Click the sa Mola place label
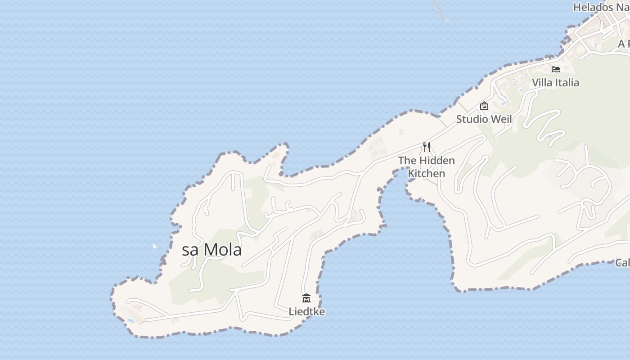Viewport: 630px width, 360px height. (x=211, y=250)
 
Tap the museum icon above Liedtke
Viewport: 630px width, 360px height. (x=306, y=298)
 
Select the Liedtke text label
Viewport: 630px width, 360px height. (x=306, y=311)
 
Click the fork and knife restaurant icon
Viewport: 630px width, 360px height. (x=427, y=147)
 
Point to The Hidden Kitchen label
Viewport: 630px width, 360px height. (x=426, y=166)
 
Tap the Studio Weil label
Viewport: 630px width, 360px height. (x=484, y=119)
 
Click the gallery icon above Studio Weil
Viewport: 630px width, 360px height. (x=484, y=106)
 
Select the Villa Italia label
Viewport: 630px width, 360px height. (x=555, y=82)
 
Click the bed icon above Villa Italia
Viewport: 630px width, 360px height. (x=556, y=69)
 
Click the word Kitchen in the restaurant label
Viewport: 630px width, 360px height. (x=426, y=173)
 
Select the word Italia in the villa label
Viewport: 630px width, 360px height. (x=567, y=82)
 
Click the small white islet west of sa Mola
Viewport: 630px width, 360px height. (x=154, y=246)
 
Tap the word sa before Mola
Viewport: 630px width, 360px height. (x=190, y=250)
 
